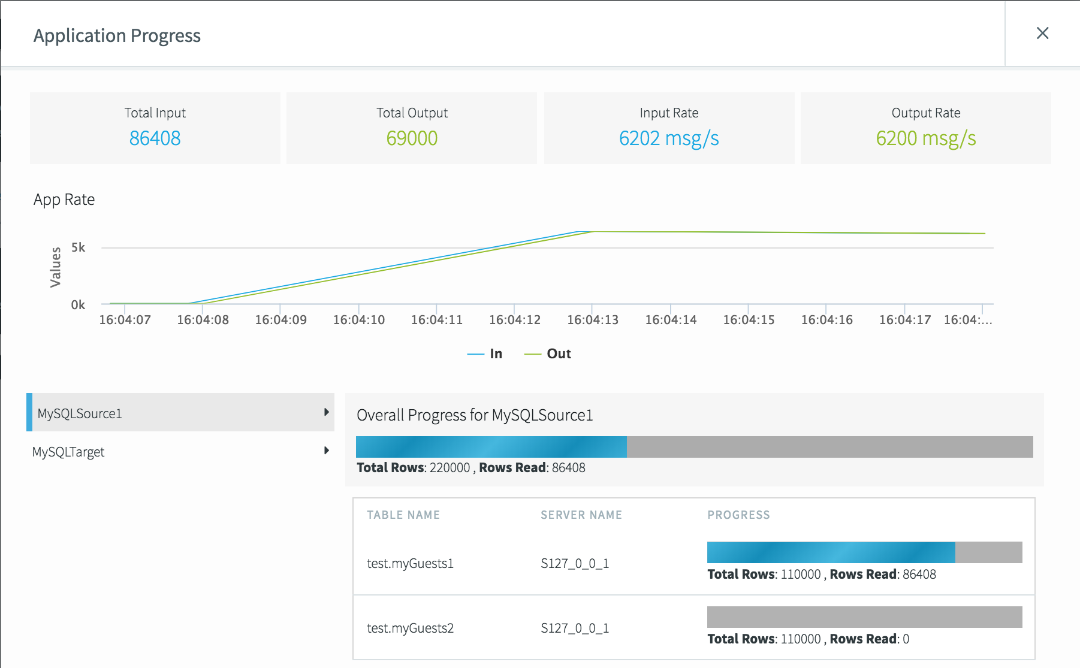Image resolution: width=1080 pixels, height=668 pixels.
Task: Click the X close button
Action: pyautogui.click(x=1042, y=34)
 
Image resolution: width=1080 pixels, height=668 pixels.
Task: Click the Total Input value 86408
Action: pyautogui.click(x=155, y=138)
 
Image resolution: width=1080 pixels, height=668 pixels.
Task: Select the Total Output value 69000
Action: pyautogui.click(x=412, y=138)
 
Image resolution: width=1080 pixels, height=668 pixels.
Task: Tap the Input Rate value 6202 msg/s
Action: pyautogui.click(x=669, y=138)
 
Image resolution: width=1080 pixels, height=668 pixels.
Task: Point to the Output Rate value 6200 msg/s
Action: pyautogui.click(x=925, y=138)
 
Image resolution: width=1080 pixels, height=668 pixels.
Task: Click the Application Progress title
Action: pyautogui.click(x=117, y=36)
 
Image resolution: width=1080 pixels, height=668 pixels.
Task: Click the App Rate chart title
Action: pyautogui.click(x=64, y=200)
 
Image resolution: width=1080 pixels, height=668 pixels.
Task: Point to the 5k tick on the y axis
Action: pyautogui.click(x=78, y=247)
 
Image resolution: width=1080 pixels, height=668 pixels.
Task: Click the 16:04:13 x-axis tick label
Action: pyautogui.click(x=592, y=320)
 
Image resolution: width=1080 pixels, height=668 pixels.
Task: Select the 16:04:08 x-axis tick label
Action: pyautogui.click(x=203, y=320)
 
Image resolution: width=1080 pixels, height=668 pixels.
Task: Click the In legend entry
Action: pyautogui.click(x=485, y=353)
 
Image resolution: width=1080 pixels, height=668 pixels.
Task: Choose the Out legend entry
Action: pyautogui.click(x=548, y=353)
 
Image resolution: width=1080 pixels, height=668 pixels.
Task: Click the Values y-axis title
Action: pyautogui.click(x=55, y=267)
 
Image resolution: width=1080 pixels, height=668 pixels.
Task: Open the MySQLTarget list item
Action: pyautogui.click(x=68, y=452)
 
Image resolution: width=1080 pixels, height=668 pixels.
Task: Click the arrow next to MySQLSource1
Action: pyautogui.click(x=326, y=412)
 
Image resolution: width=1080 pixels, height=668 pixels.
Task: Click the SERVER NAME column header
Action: pyautogui.click(x=581, y=515)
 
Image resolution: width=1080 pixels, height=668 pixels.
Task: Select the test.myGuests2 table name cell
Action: pyautogui.click(x=410, y=628)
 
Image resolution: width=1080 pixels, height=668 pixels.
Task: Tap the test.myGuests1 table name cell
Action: pyautogui.click(x=410, y=563)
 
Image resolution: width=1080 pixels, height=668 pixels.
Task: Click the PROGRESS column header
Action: pyautogui.click(x=738, y=515)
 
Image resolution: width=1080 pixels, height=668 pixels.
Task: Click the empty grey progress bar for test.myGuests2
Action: pyautogui.click(x=864, y=617)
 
